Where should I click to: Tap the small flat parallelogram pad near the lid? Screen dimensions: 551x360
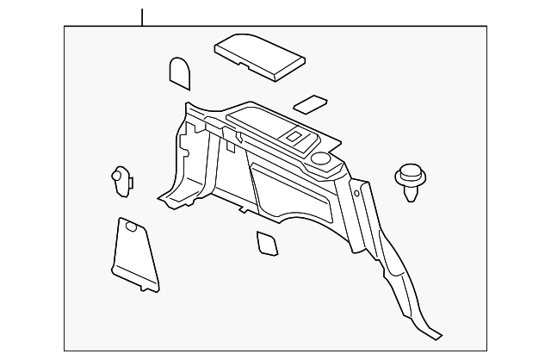[x=310, y=105]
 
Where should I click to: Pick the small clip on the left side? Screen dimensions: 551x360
[x=121, y=178]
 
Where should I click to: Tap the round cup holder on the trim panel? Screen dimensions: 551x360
[x=323, y=158]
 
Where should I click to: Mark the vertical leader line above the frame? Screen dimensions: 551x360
[x=143, y=16]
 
